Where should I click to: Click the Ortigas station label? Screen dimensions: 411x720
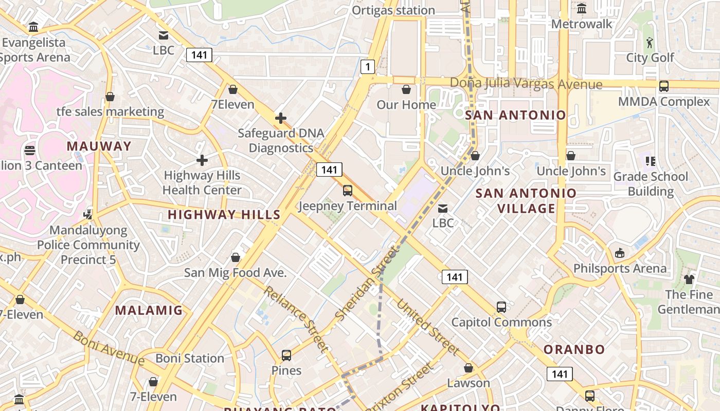click(393, 10)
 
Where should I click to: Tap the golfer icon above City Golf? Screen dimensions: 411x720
click(650, 43)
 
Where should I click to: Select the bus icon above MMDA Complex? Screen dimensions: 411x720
click(664, 86)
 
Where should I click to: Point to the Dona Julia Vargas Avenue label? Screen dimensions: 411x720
click(526, 84)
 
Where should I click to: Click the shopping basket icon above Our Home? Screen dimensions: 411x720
click(406, 89)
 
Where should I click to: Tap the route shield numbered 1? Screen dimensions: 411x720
click(367, 66)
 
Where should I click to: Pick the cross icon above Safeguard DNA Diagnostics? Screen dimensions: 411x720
click(281, 119)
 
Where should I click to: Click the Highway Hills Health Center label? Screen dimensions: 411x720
click(202, 182)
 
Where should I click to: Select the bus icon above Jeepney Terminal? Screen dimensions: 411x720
click(348, 191)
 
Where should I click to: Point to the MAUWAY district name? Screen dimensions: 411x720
click(99, 146)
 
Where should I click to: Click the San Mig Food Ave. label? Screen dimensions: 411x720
click(235, 272)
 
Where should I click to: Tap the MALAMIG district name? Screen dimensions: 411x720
click(149, 310)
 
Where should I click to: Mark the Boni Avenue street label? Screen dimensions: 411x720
click(109, 348)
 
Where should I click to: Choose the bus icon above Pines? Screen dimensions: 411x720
click(286, 356)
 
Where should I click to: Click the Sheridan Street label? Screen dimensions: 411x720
click(366, 283)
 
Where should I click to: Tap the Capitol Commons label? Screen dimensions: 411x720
click(501, 322)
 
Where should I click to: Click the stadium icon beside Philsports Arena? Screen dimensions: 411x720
click(620, 253)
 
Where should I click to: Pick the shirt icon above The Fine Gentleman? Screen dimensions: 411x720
click(689, 279)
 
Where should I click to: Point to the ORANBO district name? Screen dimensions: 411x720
click(574, 350)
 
